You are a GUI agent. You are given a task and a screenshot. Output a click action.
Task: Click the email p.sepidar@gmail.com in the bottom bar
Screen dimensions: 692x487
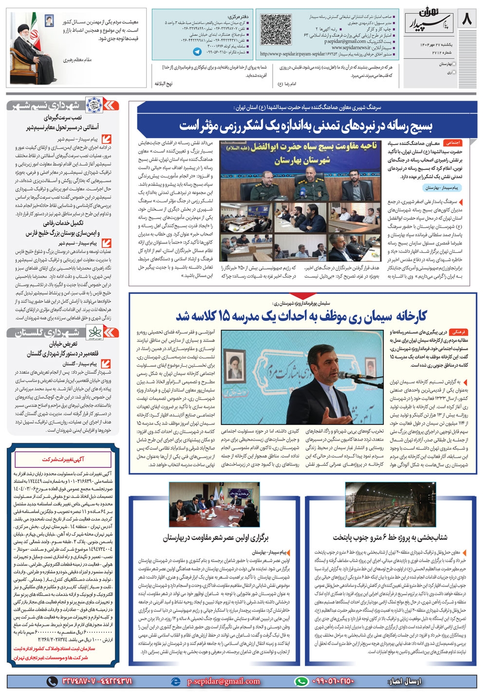[223, 681]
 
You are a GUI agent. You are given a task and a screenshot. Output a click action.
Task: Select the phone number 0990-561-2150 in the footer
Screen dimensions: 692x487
[331, 681]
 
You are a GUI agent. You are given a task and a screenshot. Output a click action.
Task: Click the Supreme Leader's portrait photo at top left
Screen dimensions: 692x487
[33, 48]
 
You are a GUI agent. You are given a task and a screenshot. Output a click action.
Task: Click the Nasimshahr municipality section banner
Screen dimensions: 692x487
[62, 106]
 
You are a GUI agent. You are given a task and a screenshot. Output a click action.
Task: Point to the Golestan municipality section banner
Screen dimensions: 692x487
[62, 333]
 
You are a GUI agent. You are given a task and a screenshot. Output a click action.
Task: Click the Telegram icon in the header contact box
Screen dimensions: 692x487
[197, 52]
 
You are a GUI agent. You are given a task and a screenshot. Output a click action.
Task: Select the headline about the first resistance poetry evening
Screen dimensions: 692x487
[216, 537]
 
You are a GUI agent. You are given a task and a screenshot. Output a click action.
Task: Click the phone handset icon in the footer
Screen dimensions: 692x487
[52, 681]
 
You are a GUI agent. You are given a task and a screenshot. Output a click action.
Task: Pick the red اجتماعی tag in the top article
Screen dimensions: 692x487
[453, 143]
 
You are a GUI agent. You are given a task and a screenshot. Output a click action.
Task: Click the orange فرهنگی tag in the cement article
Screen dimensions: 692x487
[458, 332]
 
